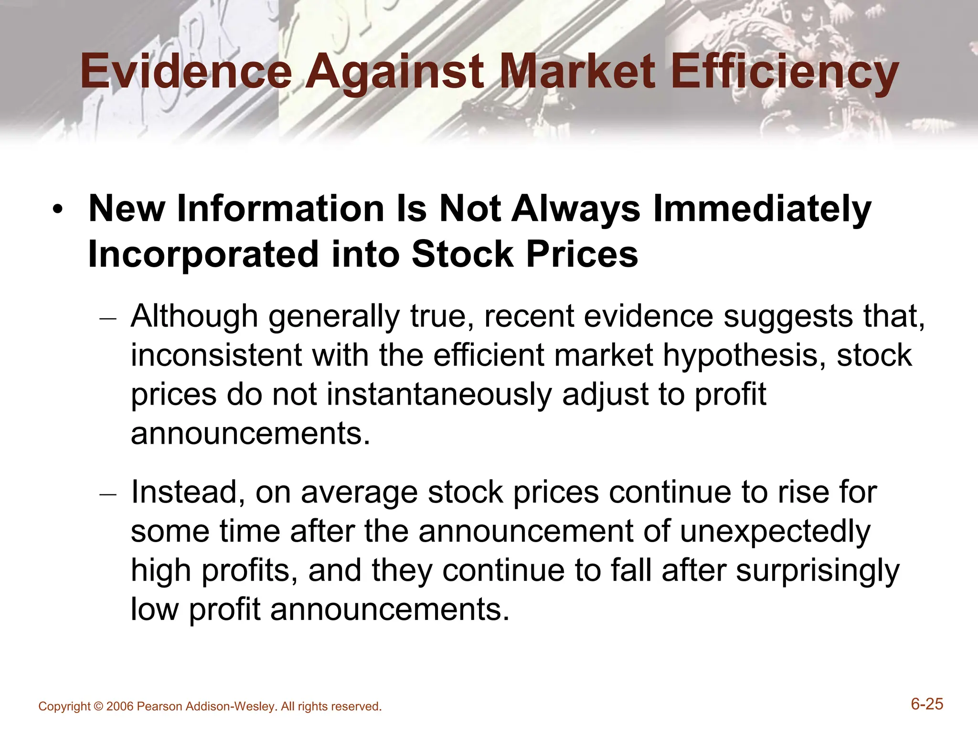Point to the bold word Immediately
(x=762, y=210)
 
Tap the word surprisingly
(x=818, y=571)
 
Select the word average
(x=360, y=493)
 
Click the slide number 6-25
(x=927, y=704)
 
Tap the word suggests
(x=788, y=317)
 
